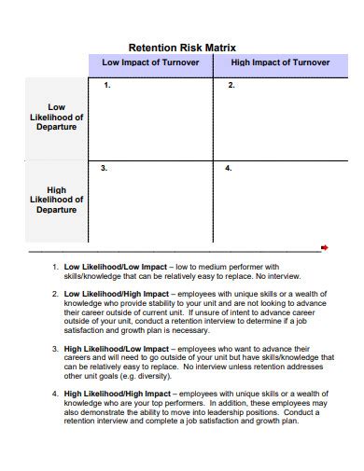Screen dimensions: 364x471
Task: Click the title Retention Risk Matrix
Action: coord(182,47)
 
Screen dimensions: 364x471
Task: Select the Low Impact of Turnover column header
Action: coord(150,62)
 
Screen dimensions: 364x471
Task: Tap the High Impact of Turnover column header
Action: coord(280,62)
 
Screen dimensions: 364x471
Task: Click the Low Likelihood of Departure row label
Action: coord(57,117)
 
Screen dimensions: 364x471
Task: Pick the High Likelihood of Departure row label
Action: coord(57,200)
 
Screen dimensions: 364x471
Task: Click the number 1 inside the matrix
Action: coord(107,86)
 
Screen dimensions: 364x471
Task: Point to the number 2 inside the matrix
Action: coord(231,86)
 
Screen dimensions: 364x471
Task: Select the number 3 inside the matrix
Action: coord(104,169)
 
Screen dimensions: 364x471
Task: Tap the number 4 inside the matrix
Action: coord(228,169)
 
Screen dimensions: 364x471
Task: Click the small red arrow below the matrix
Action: coord(325,247)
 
